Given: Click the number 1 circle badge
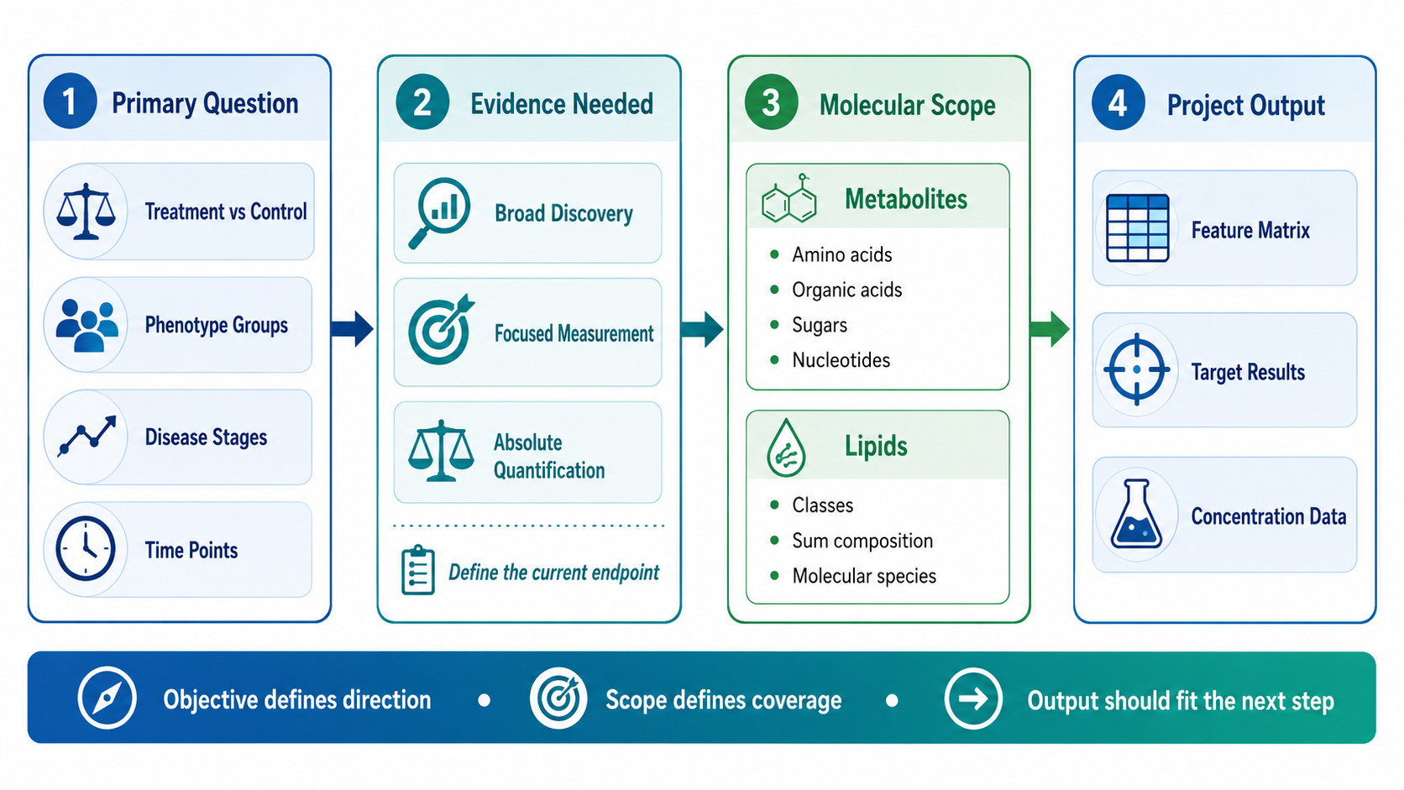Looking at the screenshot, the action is point(70,102).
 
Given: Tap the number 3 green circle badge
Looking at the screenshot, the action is point(771,102).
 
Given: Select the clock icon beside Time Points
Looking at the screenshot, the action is point(86,549).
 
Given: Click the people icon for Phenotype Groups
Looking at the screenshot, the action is point(86,325).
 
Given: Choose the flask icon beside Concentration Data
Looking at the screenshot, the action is point(1136,515).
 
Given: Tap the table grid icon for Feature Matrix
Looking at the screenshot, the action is point(1137,228).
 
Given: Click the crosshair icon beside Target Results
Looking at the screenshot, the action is point(1136,369).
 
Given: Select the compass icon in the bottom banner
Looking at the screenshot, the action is point(107,698).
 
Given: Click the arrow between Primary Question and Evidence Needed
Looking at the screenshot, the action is point(352,329).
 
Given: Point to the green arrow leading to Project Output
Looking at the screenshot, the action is point(1050,329).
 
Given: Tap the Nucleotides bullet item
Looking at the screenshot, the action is point(830,360).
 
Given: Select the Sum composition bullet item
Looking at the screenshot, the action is point(851,541).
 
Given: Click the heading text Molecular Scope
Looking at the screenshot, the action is point(907,105).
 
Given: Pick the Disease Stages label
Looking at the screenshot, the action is point(207,437).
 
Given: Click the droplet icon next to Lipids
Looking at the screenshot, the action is point(785,447).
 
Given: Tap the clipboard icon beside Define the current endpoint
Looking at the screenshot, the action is point(417,570).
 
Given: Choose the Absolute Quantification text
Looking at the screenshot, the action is point(549,456).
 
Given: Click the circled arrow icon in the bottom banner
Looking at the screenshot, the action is point(972,698).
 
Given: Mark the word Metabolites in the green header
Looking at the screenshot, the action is point(906,199).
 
